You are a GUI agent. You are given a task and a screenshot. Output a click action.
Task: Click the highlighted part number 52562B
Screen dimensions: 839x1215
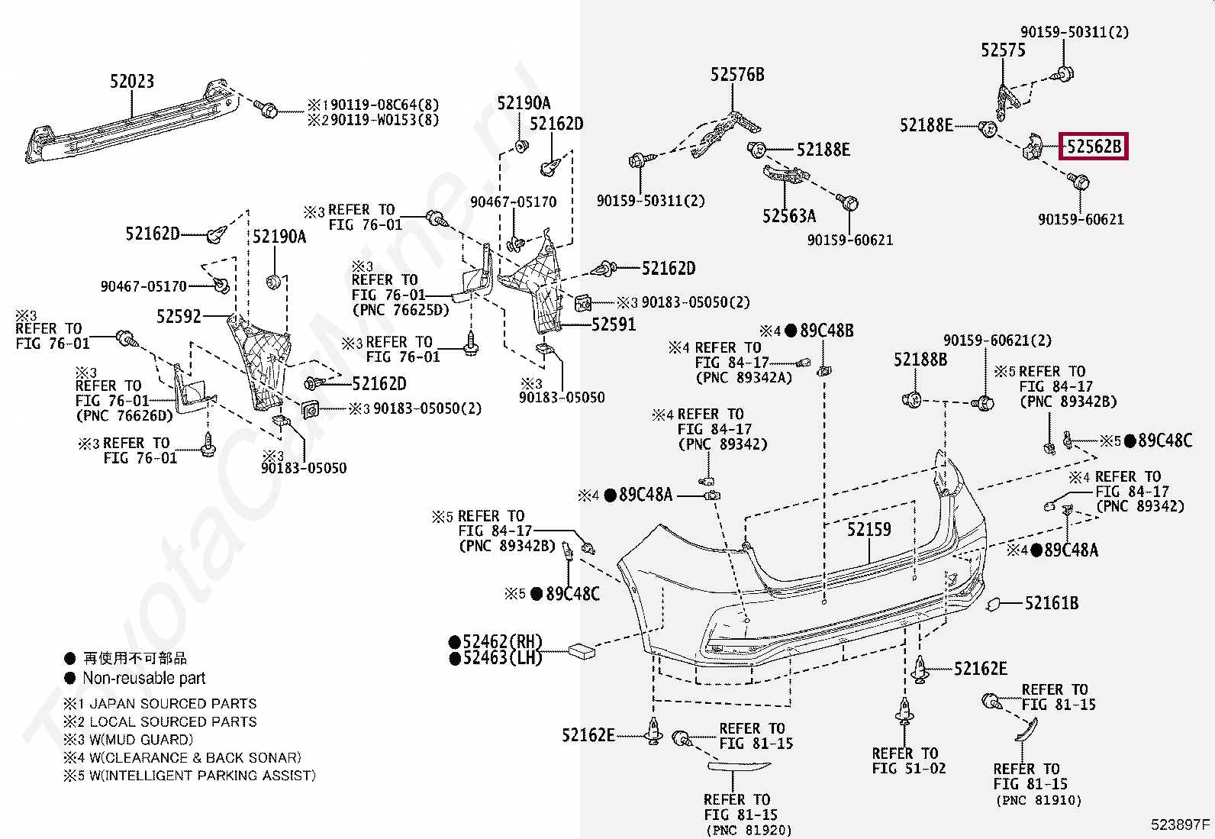tap(1093, 146)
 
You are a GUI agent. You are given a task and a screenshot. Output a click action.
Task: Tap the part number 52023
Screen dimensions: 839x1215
tap(132, 81)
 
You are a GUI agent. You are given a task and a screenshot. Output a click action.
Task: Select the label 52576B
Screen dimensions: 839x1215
tap(737, 74)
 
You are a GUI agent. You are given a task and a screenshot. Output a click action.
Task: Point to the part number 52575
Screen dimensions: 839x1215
tap(1003, 50)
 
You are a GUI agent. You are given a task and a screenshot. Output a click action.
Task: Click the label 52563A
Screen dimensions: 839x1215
tap(788, 216)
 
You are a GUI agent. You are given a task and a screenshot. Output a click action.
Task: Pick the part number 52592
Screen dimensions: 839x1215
tap(179, 316)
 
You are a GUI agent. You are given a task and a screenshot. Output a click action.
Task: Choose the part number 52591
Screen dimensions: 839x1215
tap(614, 324)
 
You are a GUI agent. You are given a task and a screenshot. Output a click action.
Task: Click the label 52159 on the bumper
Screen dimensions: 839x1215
tap(869, 529)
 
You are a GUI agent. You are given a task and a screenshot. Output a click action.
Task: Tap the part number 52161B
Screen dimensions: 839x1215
tap(1051, 603)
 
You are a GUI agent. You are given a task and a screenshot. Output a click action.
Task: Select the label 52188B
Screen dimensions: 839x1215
tap(920, 360)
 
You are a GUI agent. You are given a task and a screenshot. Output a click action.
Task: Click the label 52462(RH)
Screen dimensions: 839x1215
tap(501, 642)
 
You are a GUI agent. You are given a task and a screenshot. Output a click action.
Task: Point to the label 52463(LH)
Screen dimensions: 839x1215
tap(501, 658)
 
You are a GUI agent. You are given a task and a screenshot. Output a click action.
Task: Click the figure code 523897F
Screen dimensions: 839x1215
tap(1180, 824)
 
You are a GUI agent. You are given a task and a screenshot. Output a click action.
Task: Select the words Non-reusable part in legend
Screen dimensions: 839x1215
tap(143, 678)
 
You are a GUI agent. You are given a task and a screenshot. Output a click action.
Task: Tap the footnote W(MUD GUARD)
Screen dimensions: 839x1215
tap(140, 740)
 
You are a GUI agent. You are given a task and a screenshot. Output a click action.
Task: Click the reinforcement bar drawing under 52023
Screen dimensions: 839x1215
tap(130, 122)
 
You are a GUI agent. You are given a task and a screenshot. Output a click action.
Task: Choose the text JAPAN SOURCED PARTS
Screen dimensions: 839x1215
tap(172, 704)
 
